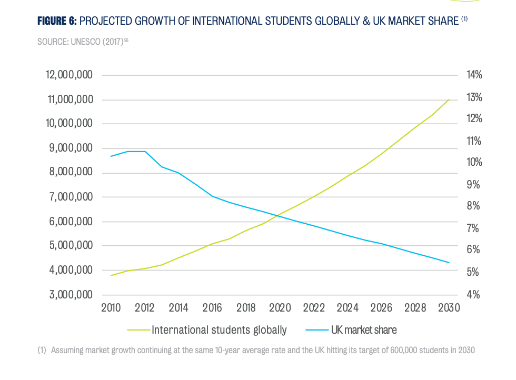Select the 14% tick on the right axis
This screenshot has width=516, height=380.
[474, 75]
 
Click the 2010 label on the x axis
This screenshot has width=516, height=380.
[111, 308]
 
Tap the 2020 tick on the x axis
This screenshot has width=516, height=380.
[280, 308]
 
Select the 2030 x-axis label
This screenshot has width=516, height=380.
[449, 308]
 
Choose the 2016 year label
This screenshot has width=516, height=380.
[212, 308]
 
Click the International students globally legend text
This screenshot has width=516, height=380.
[219, 331]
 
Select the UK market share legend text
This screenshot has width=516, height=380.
[363, 331]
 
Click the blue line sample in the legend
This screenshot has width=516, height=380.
[316, 331]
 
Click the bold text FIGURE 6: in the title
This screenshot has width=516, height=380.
[57, 21]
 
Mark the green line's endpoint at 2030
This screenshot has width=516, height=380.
[449, 99]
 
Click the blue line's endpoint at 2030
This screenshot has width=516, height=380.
[449, 263]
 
